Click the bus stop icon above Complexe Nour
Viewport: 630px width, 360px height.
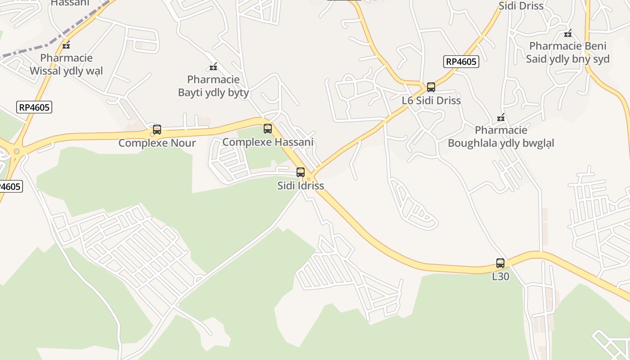[157, 130]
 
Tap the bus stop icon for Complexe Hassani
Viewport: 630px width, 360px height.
[268, 129]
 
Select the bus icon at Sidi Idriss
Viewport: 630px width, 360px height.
[301, 172]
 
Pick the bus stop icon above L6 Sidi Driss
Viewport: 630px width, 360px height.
[431, 87]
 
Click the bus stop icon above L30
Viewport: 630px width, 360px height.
[500, 263]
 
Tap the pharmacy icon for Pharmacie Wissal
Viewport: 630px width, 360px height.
[66, 45]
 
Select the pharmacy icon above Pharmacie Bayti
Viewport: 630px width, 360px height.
[213, 67]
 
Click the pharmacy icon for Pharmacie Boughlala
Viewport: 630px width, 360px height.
[501, 118]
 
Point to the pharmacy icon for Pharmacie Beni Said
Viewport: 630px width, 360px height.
[568, 33]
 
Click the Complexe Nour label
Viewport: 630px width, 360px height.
[157, 143]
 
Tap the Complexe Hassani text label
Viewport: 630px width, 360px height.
[268, 142]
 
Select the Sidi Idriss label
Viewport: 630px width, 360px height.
[301, 185]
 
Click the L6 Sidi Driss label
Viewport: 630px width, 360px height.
[431, 100]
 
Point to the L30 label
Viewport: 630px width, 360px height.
[500, 276]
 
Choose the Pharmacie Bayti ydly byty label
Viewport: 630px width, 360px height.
[213, 86]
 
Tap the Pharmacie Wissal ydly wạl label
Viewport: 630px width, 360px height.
[66, 64]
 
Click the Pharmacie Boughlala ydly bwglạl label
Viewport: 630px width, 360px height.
[501, 137]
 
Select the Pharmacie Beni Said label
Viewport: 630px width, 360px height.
[568, 52]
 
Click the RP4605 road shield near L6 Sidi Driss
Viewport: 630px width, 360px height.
[461, 62]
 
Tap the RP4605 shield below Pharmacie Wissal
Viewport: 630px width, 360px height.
[34, 107]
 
